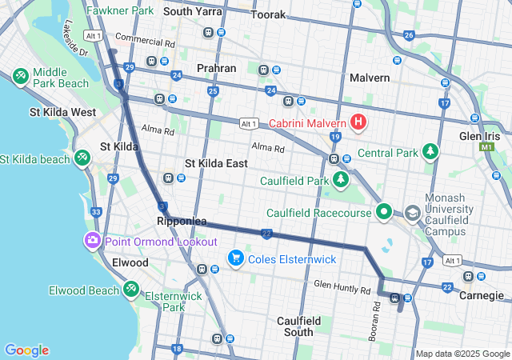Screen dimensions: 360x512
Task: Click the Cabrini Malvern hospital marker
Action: pos(359,122)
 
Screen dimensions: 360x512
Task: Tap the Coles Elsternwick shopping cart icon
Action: pos(235,258)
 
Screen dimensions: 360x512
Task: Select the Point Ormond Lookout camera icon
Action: pos(94,241)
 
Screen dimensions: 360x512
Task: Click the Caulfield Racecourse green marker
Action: pos(384,213)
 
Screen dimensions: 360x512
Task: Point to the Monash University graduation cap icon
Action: pos(412,214)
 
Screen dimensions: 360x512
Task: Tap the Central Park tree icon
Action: pos(431,152)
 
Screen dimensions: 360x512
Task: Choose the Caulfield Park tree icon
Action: pos(342,178)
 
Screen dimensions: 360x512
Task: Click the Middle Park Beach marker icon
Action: pos(20,76)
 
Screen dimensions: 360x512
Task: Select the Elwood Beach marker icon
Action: pos(130,290)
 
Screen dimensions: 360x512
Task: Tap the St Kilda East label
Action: pos(216,163)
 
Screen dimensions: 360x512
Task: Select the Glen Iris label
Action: pos(480,137)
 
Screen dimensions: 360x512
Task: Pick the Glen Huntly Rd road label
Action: pos(342,284)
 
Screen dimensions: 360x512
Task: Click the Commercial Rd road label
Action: pos(145,38)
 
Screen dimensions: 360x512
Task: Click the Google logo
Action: pos(26,350)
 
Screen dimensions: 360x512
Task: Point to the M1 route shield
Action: pos(487,148)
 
